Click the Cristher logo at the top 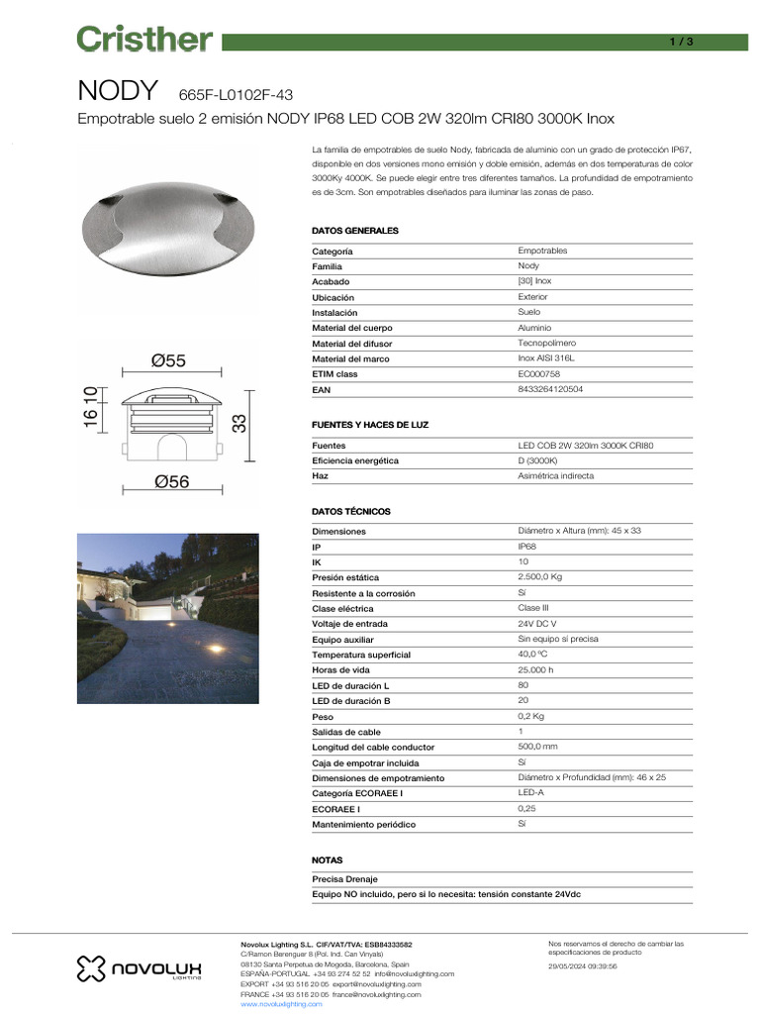(144, 40)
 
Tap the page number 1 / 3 (682, 42)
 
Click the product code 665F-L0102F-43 (236, 95)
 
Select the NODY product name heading (118, 91)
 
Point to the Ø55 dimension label (168, 361)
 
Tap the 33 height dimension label (239, 423)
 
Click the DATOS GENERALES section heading (355, 231)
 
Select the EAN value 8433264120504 (550, 390)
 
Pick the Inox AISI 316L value (545, 358)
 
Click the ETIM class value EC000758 (539, 374)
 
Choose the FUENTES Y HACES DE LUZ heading (370, 425)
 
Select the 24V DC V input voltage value (537, 624)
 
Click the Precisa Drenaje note (344, 879)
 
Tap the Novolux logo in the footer (139, 967)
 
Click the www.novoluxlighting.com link (282, 1003)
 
